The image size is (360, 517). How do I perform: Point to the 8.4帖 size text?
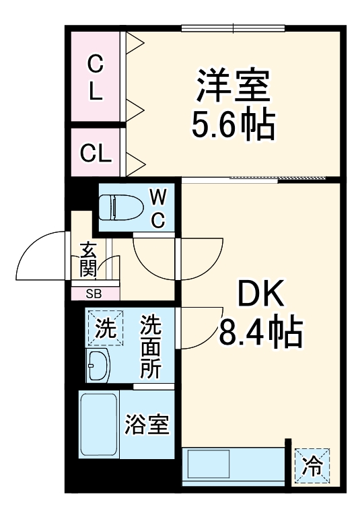260,331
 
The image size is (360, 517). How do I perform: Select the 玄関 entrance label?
88,260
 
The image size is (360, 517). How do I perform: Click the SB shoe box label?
94,294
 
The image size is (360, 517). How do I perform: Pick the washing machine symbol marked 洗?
104,329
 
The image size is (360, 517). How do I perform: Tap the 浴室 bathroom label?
146,425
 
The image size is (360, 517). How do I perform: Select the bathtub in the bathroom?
98,425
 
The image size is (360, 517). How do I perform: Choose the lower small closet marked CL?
96,153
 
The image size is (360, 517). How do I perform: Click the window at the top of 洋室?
233,28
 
